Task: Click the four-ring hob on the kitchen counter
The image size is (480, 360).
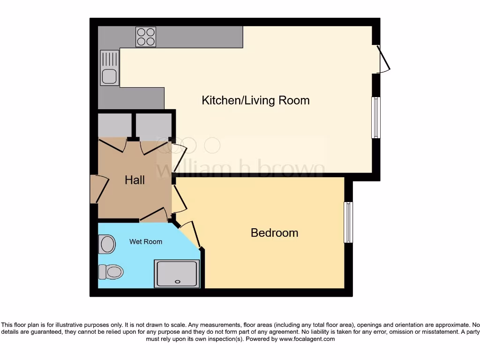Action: (x=146, y=37)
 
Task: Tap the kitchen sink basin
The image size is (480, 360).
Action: (x=110, y=76)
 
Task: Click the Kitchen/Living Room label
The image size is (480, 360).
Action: (x=255, y=100)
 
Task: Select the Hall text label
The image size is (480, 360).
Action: (x=135, y=180)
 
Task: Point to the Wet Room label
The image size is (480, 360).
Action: (x=146, y=242)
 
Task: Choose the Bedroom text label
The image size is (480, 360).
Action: (x=274, y=233)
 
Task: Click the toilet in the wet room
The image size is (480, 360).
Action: (x=111, y=271)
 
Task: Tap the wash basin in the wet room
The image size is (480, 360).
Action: (x=108, y=244)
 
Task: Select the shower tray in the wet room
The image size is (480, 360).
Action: (x=177, y=274)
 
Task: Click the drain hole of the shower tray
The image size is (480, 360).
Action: (x=177, y=282)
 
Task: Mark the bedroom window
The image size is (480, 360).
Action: (x=348, y=222)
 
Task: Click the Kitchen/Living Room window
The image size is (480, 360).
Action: (x=376, y=118)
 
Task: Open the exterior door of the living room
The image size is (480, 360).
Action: (x=384, y=59)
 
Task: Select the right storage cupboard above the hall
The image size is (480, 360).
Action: (x=153, y=126)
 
